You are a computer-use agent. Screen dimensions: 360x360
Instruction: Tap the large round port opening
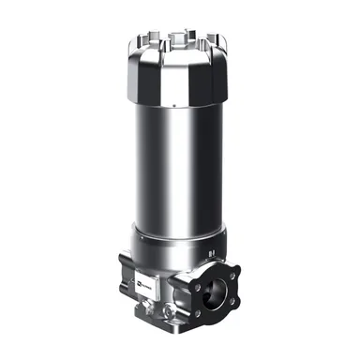click(223, 289)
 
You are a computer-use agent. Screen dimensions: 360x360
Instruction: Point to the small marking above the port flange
click(215, 251)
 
